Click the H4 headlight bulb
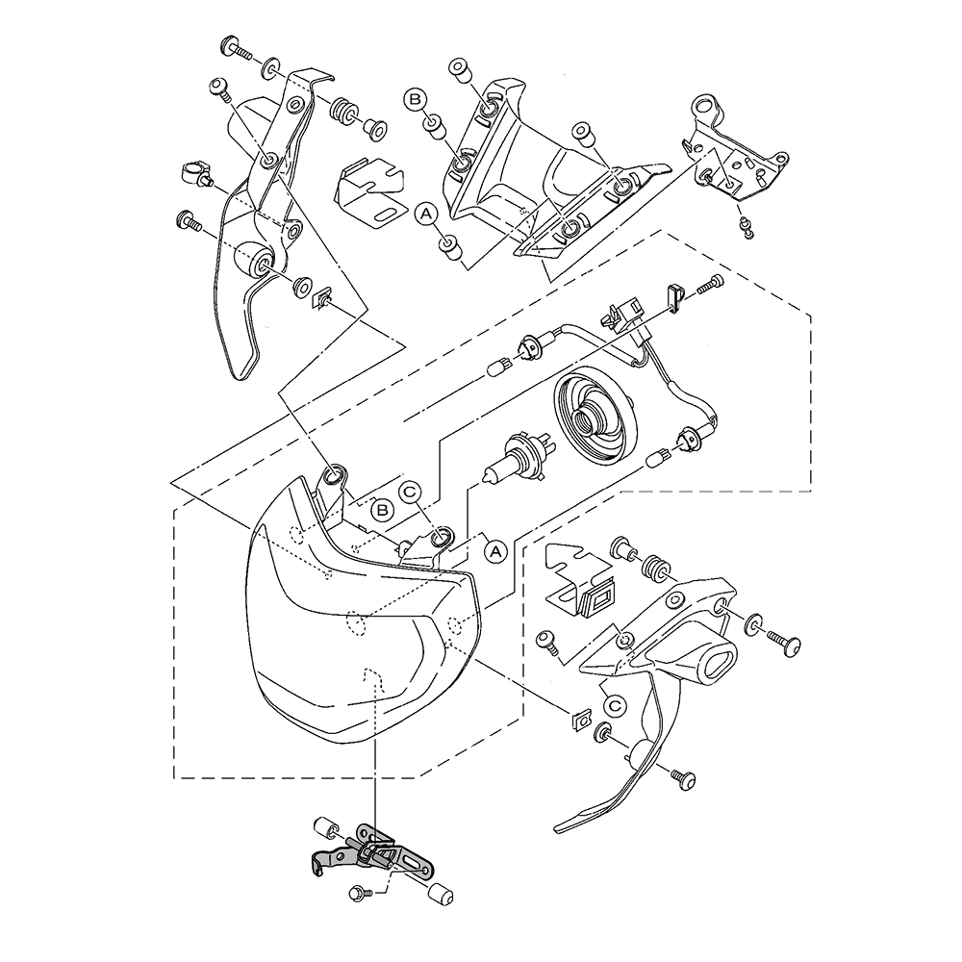pos(511,459)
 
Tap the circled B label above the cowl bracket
pos(416,98)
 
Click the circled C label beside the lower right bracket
pos(617,705)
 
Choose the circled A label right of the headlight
pos(495,550)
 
